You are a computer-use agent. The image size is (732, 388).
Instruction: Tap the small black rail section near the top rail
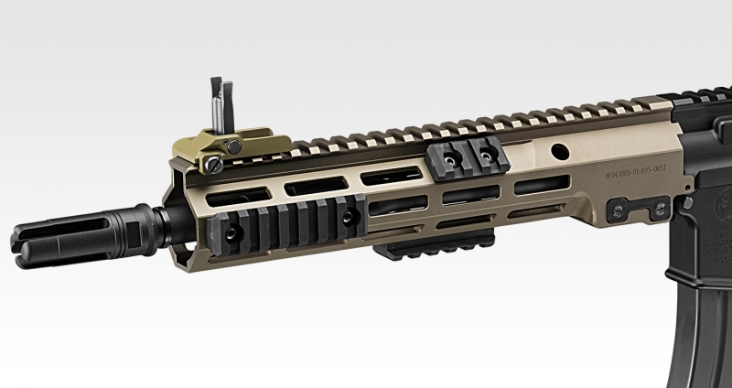coord(466,157)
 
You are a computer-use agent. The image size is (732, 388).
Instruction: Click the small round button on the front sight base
coord(235,147)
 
